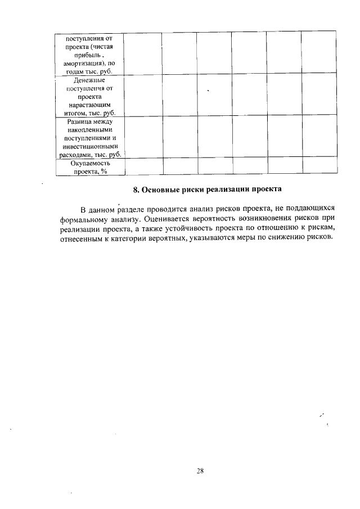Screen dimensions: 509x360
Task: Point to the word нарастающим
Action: pyautogui.click(x=89, y=105)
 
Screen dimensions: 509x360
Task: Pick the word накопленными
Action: pyautogui.click(x=90, y=129)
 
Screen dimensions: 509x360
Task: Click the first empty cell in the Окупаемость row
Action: pyautogui.click(x=143, y=166)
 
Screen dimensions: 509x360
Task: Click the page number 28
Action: pyautogui.click(x=200, y=471)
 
